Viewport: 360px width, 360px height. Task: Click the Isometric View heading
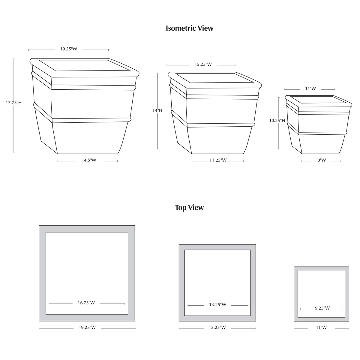(189, 28)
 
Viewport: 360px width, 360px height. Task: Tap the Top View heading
(189, 208)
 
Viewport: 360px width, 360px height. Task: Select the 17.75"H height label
(13, 103)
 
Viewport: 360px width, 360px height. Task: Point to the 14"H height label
(157, 110)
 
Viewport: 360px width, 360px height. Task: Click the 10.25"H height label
(277, 121)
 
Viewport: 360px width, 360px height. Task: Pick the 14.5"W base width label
(89, 160)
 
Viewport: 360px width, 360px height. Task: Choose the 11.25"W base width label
(218, 160)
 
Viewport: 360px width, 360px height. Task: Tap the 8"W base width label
(322, 160)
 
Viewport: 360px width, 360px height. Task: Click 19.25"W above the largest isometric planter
(69, 49)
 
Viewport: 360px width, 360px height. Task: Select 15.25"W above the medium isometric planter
(203, 64)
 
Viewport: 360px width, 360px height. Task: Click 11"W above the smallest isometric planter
(310, 88)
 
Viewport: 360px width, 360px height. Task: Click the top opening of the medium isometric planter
(215, 78)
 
